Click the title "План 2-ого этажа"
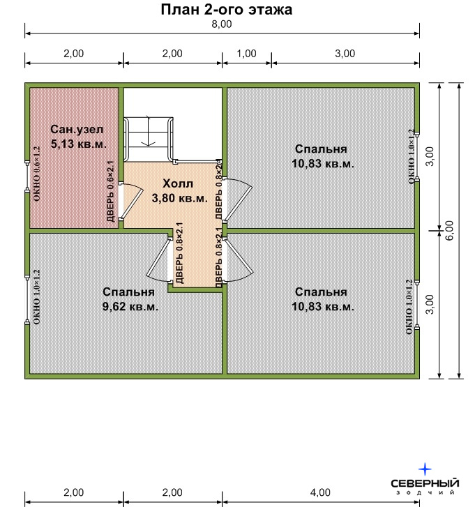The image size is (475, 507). click(227, 10)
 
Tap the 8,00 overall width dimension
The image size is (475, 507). click(222, 24)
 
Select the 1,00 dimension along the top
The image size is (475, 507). click(246, 54)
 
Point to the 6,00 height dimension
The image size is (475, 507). click(449, 230)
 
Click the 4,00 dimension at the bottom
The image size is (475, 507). click(320, 492)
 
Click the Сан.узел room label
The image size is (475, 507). click(77, 129)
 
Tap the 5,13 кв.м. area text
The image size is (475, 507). click(79, 144)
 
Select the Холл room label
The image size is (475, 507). click(178, 183)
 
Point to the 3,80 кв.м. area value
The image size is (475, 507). click(180, 198)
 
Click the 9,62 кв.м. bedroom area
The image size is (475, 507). click(130, 306)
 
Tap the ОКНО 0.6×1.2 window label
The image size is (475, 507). click(36, 174)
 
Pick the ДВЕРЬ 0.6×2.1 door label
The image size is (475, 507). click(111, 191)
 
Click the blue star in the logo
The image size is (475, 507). click(425, 469)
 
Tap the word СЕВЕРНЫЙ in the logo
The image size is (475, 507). click(425, 483)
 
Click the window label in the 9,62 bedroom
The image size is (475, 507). click(36, 297)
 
